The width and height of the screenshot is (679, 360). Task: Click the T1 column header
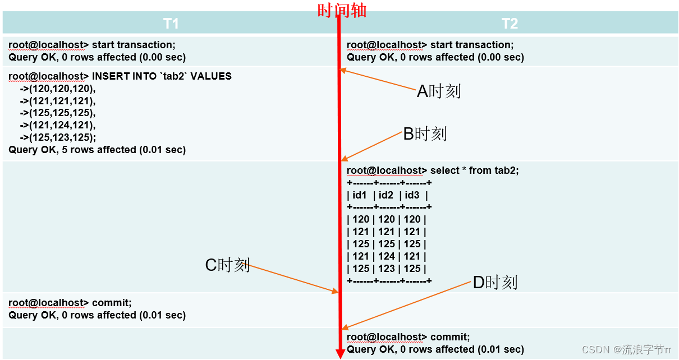point(171,24)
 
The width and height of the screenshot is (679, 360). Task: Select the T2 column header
point(509,24)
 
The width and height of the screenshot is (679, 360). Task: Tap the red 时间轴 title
point(342,10)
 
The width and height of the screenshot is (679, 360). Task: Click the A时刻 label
point(439,91)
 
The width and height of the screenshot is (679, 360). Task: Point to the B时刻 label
point(425,133)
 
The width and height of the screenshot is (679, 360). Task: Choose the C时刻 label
point(227,265)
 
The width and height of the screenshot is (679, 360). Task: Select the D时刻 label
point(494,282)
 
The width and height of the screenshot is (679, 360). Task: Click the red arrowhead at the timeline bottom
point(339,353)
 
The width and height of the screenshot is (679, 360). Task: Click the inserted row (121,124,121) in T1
point(58,125)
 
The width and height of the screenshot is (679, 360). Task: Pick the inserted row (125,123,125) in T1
point(58,137)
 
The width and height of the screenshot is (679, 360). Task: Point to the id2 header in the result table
point(386,195)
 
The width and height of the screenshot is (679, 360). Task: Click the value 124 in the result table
point(386,256)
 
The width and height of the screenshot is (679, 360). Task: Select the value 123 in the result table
point(386,269)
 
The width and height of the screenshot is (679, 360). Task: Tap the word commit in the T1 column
point(111,303)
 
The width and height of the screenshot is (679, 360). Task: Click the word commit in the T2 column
point(449,337)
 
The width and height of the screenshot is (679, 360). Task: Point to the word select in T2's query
point(444,170)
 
